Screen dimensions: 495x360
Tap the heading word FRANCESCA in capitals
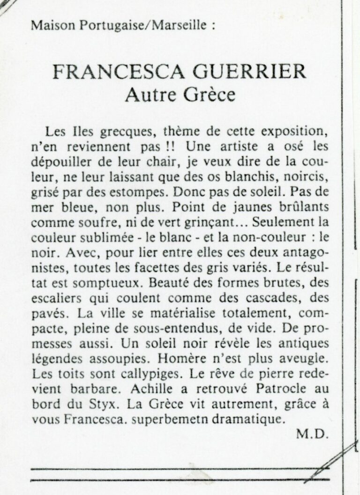pyautogui.click(x=111, y=72)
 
